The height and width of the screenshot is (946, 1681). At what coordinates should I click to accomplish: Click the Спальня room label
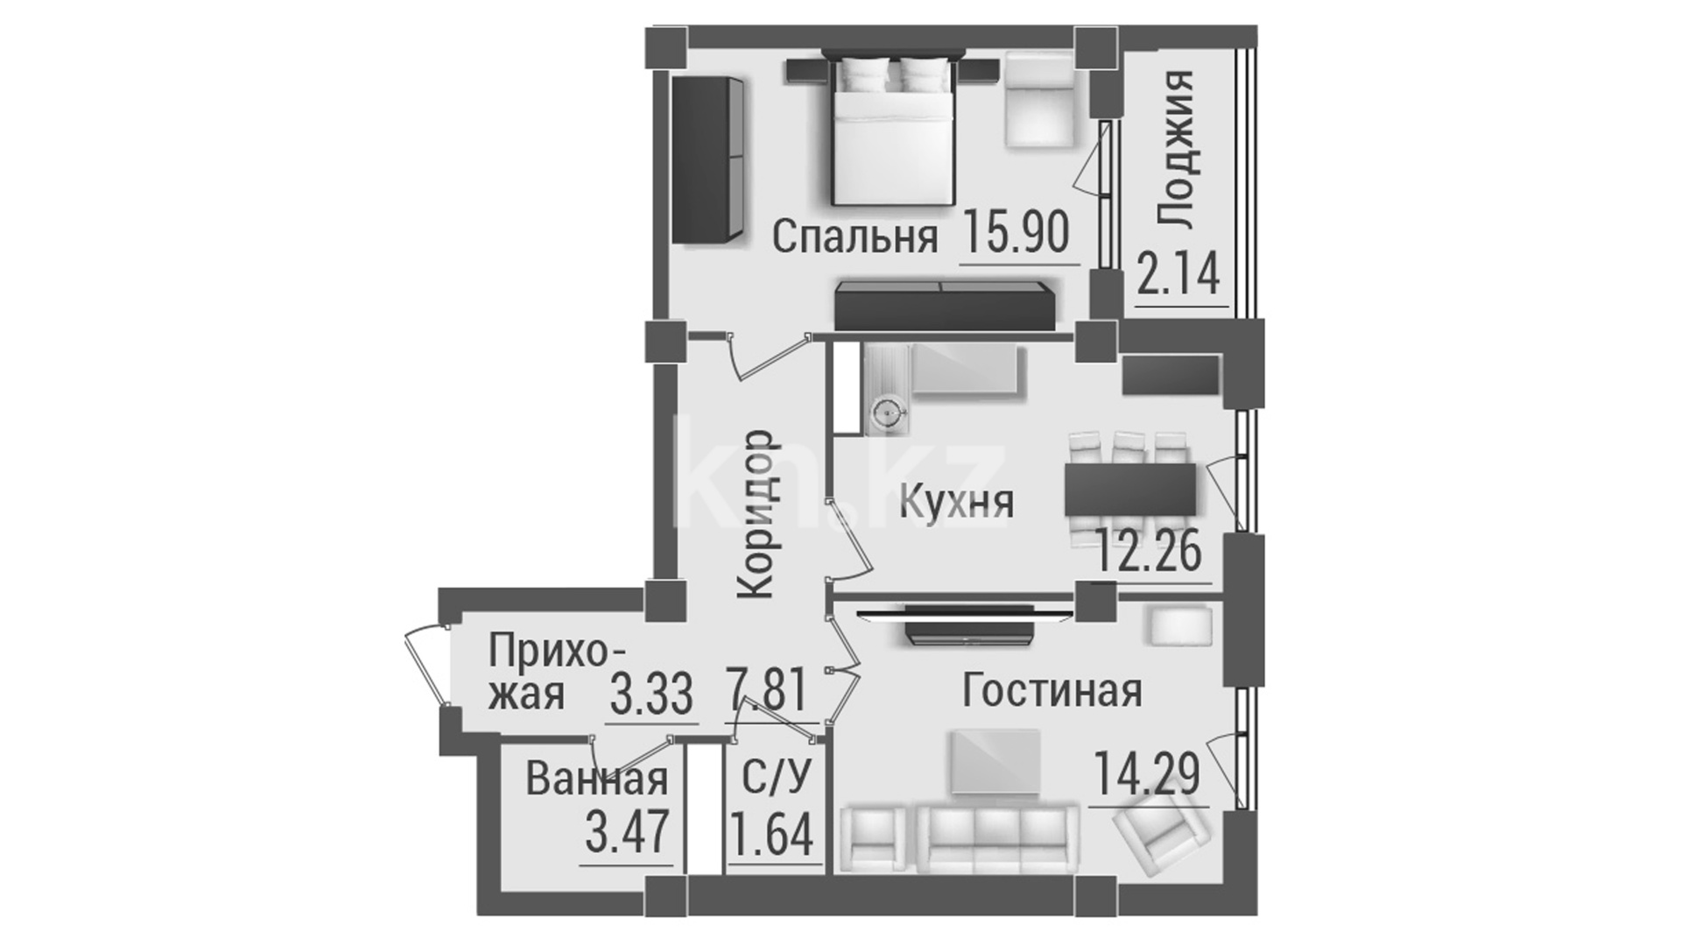[855, 236]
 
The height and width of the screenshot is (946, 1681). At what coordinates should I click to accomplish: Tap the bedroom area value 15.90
[1017, 233]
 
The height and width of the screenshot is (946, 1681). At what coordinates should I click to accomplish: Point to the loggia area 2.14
[1178, 272]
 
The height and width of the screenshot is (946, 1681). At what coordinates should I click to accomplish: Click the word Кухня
[957, 503]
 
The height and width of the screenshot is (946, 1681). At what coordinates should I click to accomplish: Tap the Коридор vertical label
[756, 513]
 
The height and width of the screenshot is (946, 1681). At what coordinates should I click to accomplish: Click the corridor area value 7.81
[765, 692]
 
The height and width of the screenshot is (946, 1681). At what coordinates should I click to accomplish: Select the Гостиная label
[1052, 690]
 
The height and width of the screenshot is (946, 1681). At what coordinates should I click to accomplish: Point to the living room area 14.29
[1147, 775]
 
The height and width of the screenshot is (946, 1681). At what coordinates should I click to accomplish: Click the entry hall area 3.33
[651, 695]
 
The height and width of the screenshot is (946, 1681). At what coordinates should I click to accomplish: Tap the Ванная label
[596, 779]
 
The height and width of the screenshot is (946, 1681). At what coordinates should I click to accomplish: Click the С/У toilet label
[777, 777]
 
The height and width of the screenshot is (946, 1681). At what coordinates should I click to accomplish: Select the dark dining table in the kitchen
[1130, 489]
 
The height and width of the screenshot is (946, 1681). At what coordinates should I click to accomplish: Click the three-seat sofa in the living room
[997, 839]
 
